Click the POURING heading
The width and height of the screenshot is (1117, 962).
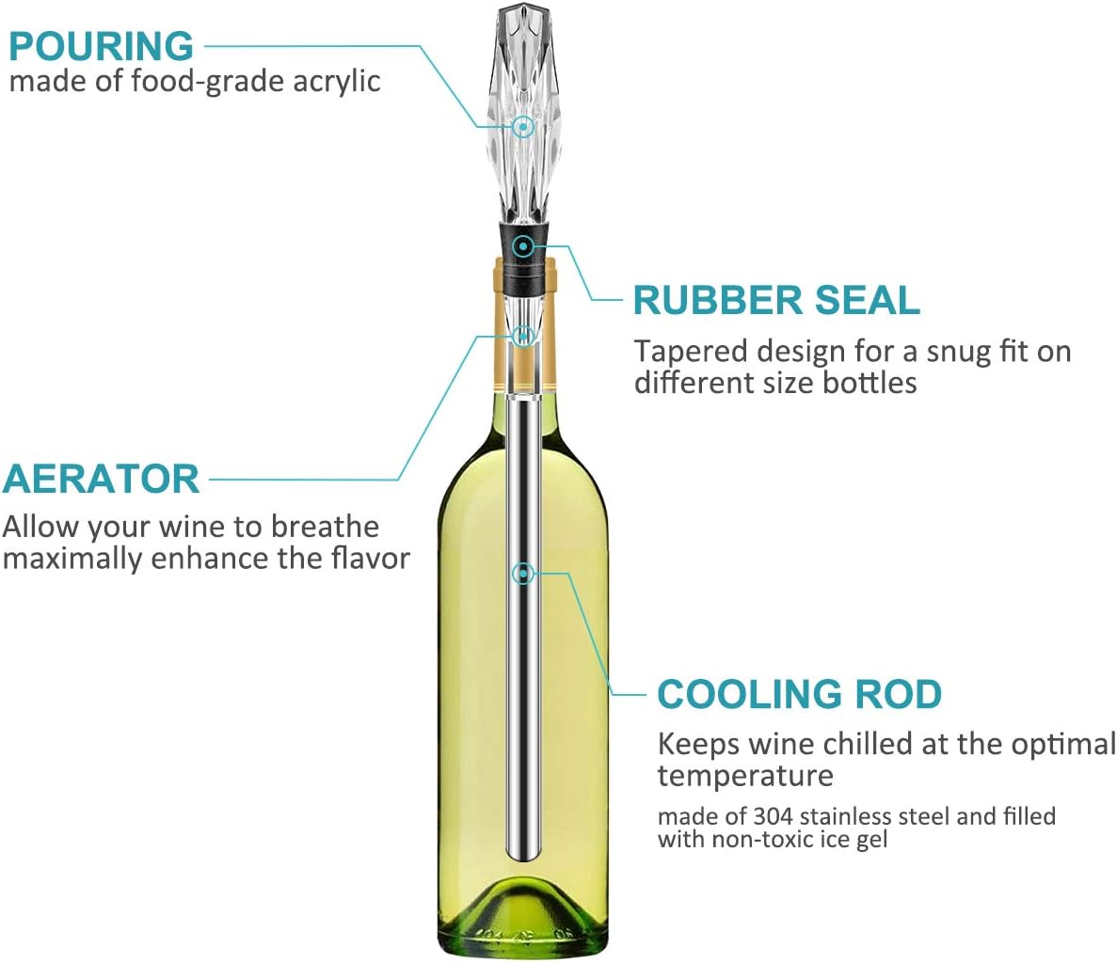[101, 46]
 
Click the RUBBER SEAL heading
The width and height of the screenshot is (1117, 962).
[775, 300]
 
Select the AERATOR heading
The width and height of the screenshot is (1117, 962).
[101, 479]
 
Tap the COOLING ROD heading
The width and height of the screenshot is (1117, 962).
[799, 694]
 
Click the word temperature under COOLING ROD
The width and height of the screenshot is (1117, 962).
[745, 776]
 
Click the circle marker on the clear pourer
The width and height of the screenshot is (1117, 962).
[523, 126]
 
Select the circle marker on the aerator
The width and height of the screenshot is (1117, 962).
[523, 336]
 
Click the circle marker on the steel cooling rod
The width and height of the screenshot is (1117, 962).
[523, 573]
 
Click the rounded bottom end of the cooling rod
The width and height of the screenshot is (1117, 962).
[522, 852]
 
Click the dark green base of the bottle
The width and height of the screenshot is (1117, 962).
[523, 917]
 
